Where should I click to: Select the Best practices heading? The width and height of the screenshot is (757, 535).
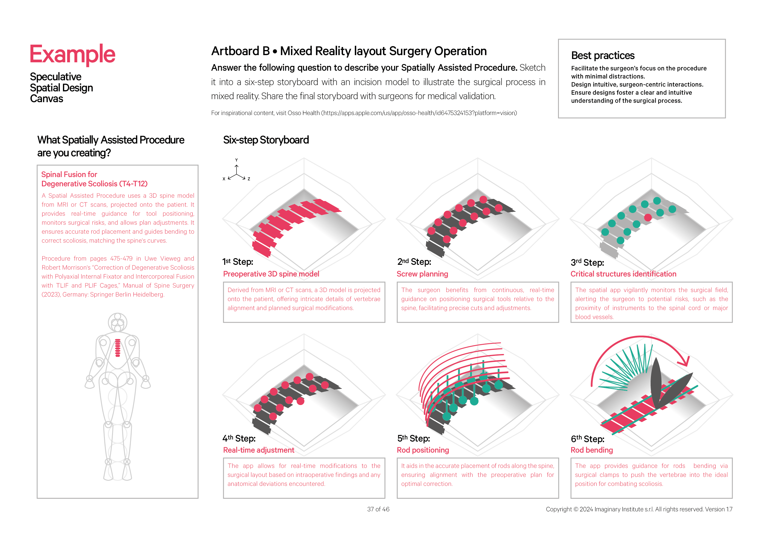coord(602,55)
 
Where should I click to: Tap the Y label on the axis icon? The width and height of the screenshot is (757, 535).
coord(236,160)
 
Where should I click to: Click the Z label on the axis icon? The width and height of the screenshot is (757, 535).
coord(249,179)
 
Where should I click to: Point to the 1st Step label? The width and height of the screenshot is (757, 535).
coord(237,262)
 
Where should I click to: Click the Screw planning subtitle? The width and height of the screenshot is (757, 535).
coord(422,274)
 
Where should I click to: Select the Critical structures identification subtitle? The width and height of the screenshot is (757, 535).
coord(623,274)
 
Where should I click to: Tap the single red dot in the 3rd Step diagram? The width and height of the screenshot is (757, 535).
coord(648,217)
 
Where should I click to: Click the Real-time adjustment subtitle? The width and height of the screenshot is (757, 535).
coord(259,450)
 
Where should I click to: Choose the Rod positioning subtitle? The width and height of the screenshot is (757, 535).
coord(423,450)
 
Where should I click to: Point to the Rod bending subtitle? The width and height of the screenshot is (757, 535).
coord(592,450)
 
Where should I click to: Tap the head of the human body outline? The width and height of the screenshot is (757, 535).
coord(117,322)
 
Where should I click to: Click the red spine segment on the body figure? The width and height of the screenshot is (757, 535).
coord(117,348)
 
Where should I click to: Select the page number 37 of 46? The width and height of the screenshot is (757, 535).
coord(378,509)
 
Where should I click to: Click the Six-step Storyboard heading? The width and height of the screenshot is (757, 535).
coord(266,140)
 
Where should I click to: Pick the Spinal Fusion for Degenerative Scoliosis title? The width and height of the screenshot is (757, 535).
coord(94,179)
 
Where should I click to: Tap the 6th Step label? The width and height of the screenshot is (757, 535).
coord(587,439)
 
